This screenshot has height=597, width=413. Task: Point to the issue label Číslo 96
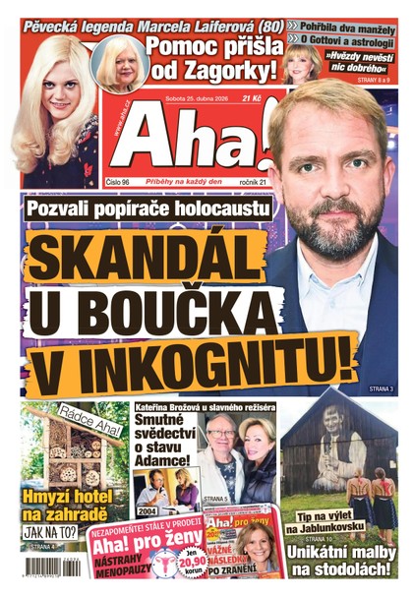tap(123, 183)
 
